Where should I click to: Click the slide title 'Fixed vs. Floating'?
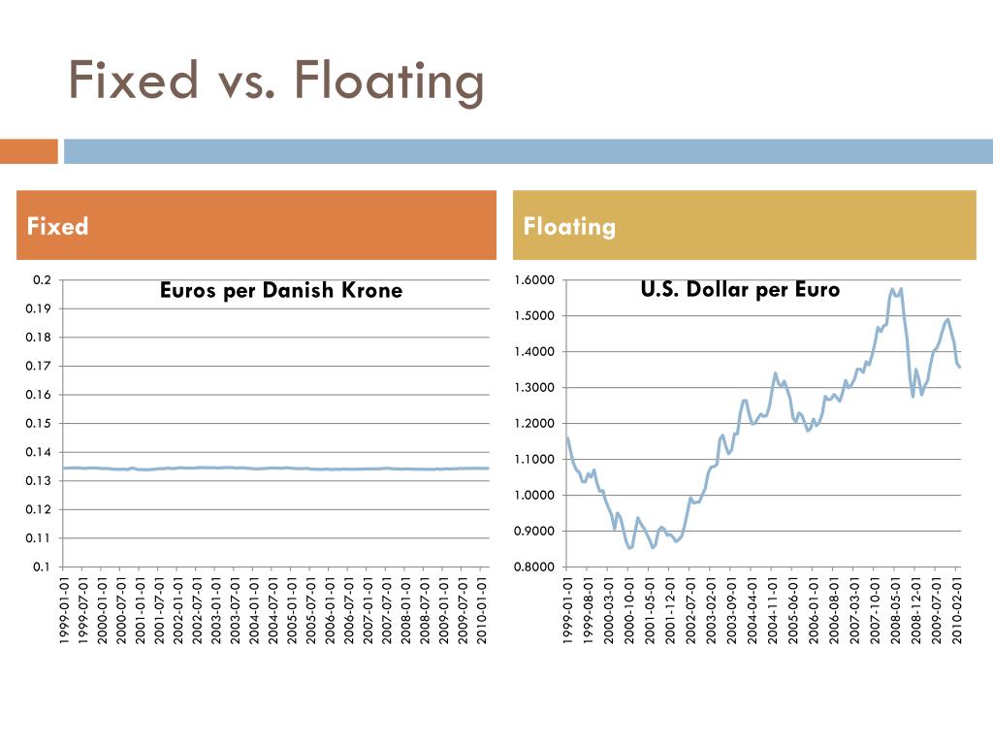pyautogui.click(x=277, y=80)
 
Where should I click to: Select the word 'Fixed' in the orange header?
pyautogui.click(x=58, y=226)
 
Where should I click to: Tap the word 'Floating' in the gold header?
pyautogui.click(x=569, y=226)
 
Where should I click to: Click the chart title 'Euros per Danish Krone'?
pyautogui.click(x=280, y=290)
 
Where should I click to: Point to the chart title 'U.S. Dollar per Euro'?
pyautogui.click(x=740, y=289)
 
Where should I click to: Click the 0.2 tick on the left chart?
pyautogui.click(x=42, y=280)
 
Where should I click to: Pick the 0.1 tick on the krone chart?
pyautogui.click(x=42, y=567)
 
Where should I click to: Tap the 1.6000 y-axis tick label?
pyautogui.click(x=534, y=280)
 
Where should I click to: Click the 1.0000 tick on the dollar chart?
pyautogui.click(x=534, y=496)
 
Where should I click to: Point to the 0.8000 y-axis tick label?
pyautogui.click(x=534, y=567)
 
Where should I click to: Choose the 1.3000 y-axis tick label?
pyautogui.click(x=534, y=388)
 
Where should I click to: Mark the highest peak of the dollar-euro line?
pyautogui.click(x=893, y=288)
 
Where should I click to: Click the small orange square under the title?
pyautogui.click(x=29, y=151)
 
